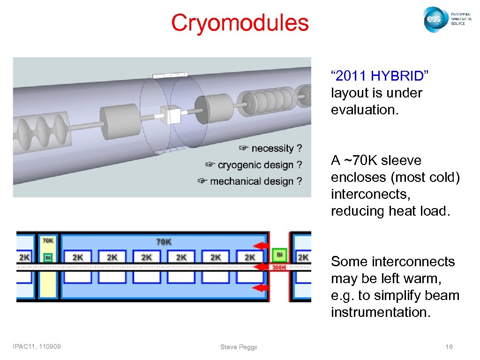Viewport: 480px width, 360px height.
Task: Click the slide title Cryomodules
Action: (x=240, y=23)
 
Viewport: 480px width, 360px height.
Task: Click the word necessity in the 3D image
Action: (x=272, y=149)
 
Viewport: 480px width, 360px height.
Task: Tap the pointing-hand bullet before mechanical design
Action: (x=202, y=181)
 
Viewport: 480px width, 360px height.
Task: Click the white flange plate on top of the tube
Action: (x=169, y=75)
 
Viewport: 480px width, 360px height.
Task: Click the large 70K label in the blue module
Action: (x=164, y=242)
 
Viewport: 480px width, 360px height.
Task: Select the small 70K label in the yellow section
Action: (x=48, y=241)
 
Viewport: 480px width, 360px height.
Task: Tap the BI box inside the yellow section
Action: (x=48, y=257)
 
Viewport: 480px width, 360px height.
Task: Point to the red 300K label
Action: (x=279, y=268)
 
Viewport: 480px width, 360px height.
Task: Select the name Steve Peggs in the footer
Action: (x=239, y=347)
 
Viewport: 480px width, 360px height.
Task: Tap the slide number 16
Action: (x=449, y=347)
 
